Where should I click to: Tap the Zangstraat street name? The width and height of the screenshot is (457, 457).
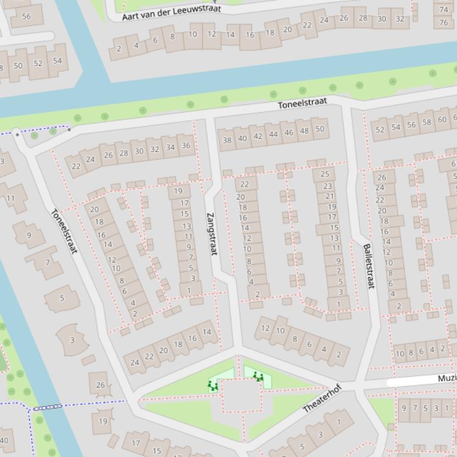[211, 233]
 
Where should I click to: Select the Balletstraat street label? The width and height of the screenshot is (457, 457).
[369, 266]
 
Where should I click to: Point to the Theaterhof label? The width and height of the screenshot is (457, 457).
[322, 398]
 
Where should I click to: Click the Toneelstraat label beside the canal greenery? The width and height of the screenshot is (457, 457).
[302, 103]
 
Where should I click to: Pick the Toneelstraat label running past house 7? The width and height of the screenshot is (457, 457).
[64, 231]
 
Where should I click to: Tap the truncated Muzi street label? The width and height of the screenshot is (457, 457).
[446, 378]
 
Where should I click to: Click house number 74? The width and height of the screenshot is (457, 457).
[443, 9]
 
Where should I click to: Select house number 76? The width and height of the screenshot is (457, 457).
[443, 23]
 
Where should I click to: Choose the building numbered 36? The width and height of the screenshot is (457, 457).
[186, 145]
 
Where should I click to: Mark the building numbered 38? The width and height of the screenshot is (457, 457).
[226, 140]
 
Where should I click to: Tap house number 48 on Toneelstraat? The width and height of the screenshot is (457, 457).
[304, 131]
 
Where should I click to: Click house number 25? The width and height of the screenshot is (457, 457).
[324, 174]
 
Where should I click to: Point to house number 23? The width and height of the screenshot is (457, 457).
[327, 186]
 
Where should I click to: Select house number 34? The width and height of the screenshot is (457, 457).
[171, 147]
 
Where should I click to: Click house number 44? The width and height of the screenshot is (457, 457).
[273, 134]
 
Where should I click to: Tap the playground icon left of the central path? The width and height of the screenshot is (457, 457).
[212, 385]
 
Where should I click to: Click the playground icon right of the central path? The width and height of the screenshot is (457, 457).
[257, 376]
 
